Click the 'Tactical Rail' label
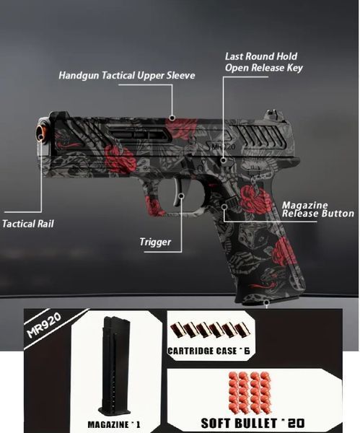pos(28,224)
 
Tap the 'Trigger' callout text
pos(155,242)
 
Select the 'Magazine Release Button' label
pos(317,209)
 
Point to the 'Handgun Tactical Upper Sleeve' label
pos(127,75)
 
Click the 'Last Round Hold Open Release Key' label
pos(263,62)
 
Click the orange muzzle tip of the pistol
pos(41,132)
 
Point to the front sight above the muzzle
pos(58,113)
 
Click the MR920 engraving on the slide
pos(223,146)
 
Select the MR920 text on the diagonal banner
pos(45,325)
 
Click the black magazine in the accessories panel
pos(114,367)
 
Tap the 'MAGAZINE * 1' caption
pos(114,424)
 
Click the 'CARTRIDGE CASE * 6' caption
pos(208,351)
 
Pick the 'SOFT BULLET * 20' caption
pos(253,423)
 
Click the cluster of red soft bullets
pos(250,393)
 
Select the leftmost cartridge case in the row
pos(177,330)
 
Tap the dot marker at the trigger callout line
pos(181,196)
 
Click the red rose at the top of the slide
pos(182,126)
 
